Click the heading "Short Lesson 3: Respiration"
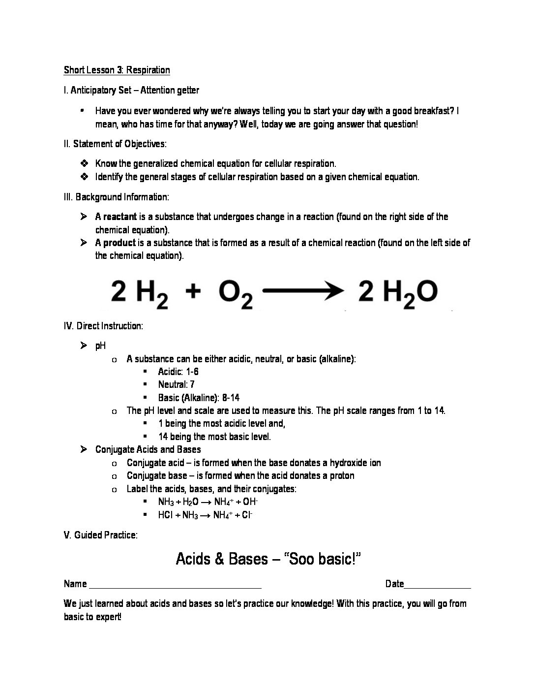[x=117, y=70]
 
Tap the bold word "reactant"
[x=120, y=217]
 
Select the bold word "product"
[x=119, y=243]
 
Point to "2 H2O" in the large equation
[x=397, y=293]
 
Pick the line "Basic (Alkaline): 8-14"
[x=199, y=398]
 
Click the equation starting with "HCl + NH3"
[x=205, y=515]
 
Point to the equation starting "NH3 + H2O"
[x=208, y=502]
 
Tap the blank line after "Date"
[x=437, y=585]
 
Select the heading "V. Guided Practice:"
[x=101, y=535]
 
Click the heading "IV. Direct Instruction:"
[x=103, y=326]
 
